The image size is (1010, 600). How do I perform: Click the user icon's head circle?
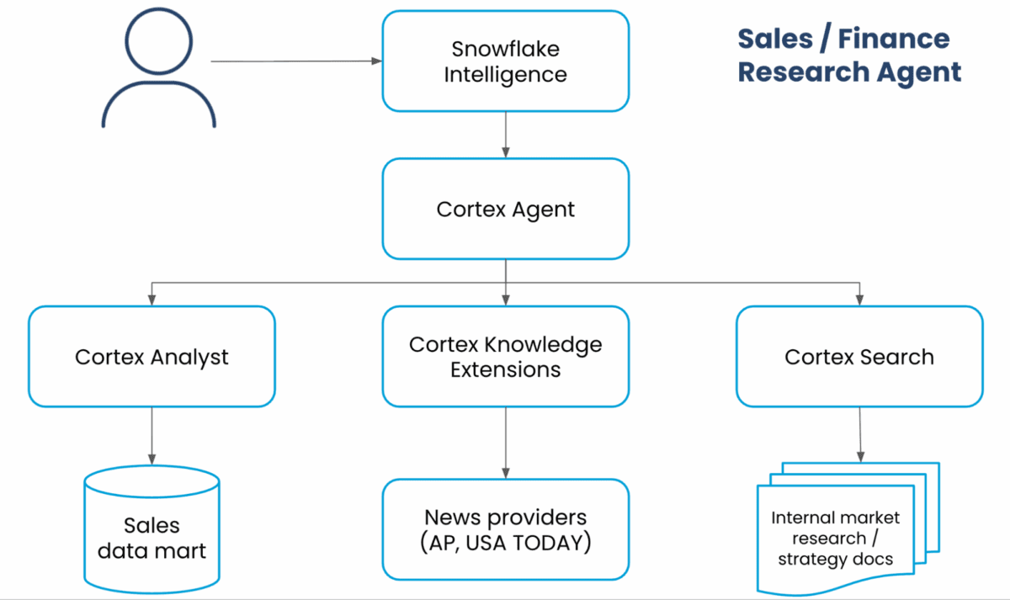158,43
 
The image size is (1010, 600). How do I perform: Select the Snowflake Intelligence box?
505,61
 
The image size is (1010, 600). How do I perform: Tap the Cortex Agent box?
505,209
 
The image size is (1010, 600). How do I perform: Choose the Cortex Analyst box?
151,357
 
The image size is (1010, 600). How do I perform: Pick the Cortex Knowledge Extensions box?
505,357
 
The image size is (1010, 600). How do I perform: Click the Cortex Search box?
858,357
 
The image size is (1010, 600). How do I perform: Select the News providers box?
505,529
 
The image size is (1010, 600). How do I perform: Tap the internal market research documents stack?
842,530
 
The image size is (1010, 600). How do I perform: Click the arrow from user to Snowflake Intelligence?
295,61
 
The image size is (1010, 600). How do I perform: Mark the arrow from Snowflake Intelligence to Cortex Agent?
505,135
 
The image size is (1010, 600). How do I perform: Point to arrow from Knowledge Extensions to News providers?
505,443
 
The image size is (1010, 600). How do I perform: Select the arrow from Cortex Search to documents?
859,434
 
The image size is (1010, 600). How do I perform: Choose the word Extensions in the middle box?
505,369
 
